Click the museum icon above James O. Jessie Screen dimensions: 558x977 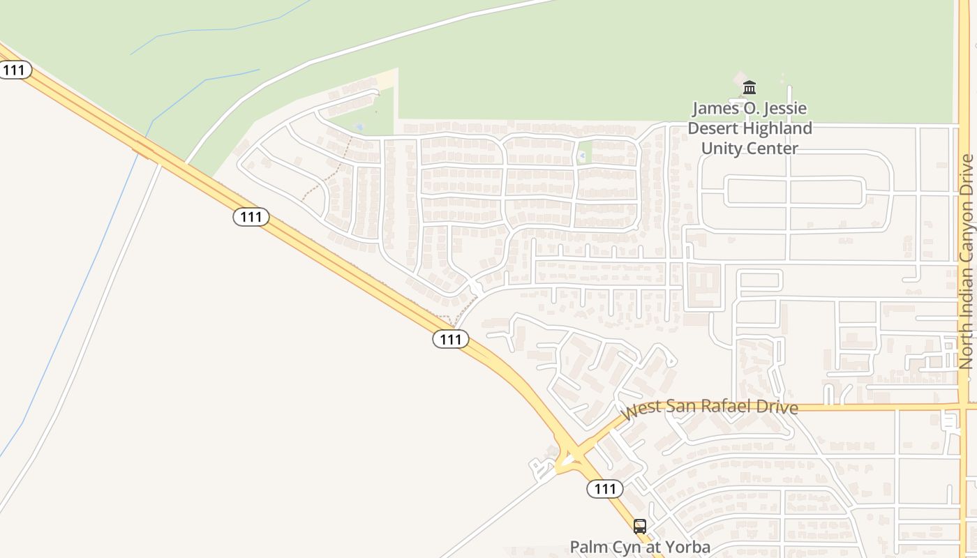pyautogui.click(x=749, y=87)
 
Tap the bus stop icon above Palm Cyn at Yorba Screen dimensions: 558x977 pyautogui.click(x=640, y=527)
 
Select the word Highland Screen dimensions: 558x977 pyautogui.click(x=777, y=128)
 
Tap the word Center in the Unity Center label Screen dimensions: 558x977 pyautogui.click(x=772, y=149)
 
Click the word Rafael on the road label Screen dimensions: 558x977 pyautogui.click(x=722, y=406)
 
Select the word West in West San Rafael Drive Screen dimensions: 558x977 pyautogui.click(x=640, y=410)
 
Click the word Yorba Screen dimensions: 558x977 pyautogui.click(x=687, y=547)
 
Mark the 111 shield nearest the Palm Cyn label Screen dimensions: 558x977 pyautogui.click(x=604, y=489)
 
